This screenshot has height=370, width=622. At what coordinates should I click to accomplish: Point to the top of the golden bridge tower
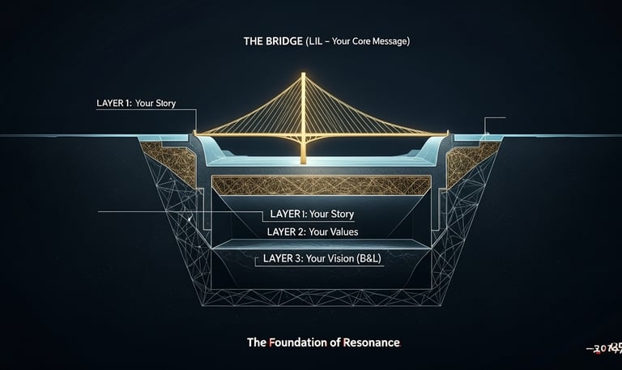pyautogui.click(x=303, y=75)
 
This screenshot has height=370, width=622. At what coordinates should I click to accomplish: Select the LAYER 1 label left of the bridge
pyautogui.click(x=135, y=104)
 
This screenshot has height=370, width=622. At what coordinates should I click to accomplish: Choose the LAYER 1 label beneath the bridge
pyautogui.click(x=310, y=215)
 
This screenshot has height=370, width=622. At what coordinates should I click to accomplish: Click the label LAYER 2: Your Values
pyautogui.click(x=312, y=232)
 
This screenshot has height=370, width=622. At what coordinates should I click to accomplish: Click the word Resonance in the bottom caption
pyautogui.click(x=373, y=342)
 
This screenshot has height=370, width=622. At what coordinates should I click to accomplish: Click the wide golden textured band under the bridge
pyautogui.click(x=320, y=185)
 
